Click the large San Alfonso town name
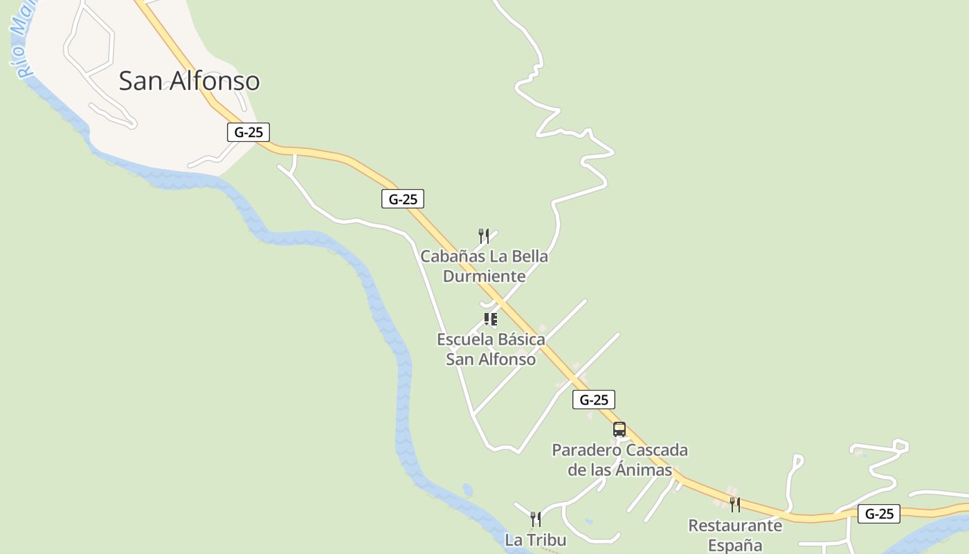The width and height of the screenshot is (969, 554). pyautogui.click(x=189, y=81)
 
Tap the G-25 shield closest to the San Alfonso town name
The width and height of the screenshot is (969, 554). pyautogui.click(x=248, y=132)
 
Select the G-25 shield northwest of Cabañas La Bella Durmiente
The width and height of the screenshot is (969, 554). pyautogui.click(x=403, y=199)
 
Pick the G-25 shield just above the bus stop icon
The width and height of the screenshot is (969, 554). pyautogui.click(x=594, y=400)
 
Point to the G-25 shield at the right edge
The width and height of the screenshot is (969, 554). pyautogui.click(x=879, y=514)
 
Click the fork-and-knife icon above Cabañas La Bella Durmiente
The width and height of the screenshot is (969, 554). pyautogui.click(x=484, y=236)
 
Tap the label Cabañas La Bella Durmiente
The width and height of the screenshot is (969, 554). pyautogui.click(x=484, y=266)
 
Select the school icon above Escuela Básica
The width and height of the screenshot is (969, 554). pyautogui.click(x=491, y=319)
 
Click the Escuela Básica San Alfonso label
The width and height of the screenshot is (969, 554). pyautogui.click(x=491, y=349)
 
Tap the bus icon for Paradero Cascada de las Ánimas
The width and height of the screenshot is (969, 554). pyautogui.click(x=619, y=429)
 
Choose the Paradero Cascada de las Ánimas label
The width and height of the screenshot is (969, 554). pyautogui.click(x=619, y=460)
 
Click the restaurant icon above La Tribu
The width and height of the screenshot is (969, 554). pyautogui.click(x=535, y=519)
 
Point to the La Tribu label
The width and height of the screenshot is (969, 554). pyautogui.click(x=536, y=540)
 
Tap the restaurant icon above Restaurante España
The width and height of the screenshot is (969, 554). pyautogui.click(x=735, y=504)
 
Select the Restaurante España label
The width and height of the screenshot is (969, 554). pyautogui.click(x=735, y=535)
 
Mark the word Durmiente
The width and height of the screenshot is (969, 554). pyautogui.click(x=484, y=276)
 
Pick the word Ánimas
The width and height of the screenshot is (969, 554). pyautogui.click(x=647, y=470)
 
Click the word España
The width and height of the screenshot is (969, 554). pyautogui.click(x=735, y=546)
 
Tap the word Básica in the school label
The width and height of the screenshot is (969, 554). pyautogui.click(x=518, y=340)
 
